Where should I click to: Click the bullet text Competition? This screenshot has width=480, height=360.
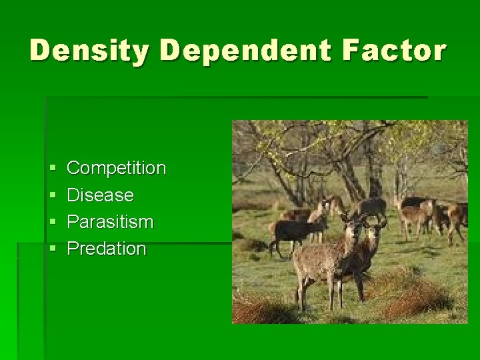(116, 168)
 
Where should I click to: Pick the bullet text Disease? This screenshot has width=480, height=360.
(100, 195)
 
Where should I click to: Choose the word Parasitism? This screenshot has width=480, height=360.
(110, 222)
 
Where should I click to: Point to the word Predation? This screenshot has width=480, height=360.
(107, 249)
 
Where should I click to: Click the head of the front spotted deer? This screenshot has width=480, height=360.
(353, 226)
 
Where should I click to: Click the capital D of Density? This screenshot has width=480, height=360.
(42, 51)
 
